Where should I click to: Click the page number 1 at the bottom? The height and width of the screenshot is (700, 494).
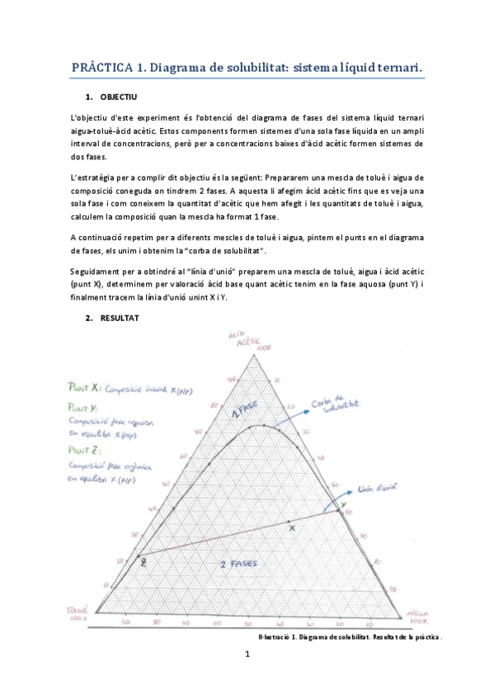click(247, 655)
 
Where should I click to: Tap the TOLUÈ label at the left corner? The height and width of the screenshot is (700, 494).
click(76, 613)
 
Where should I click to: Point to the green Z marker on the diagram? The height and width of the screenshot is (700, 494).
click(144, 562)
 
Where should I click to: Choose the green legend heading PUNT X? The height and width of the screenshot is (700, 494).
click(86, 385)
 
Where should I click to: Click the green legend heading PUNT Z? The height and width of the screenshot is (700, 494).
click(84, 451)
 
